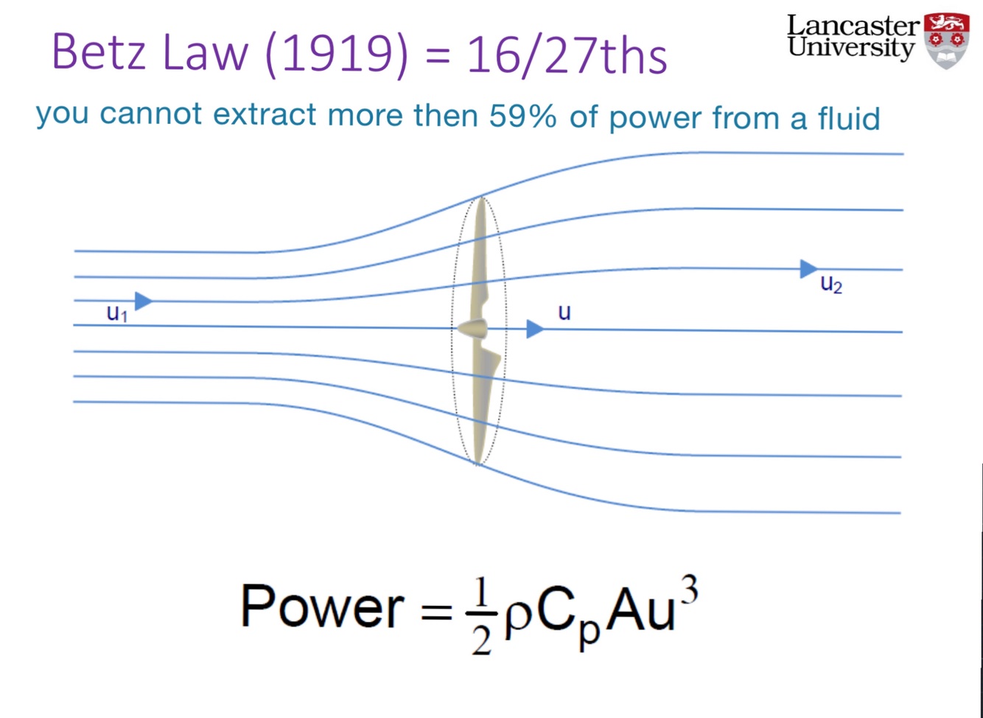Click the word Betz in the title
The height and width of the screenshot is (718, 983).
pos(99,53)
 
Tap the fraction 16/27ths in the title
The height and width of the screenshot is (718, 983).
pos(567,55)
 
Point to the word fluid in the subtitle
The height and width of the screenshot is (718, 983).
pos(848,118)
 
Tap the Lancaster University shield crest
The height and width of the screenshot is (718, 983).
pos(947,40)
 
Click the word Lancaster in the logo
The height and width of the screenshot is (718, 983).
pos(853,25)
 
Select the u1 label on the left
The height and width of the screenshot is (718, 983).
pos(117,313)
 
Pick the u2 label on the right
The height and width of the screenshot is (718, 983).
pos(831,284)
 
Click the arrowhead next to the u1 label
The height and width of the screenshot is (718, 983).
pos(144,301)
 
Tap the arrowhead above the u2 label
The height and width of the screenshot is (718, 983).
pos(809,269)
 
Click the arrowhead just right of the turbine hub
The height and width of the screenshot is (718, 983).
pos(535,329)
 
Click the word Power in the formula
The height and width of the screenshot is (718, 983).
pos(322,607)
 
